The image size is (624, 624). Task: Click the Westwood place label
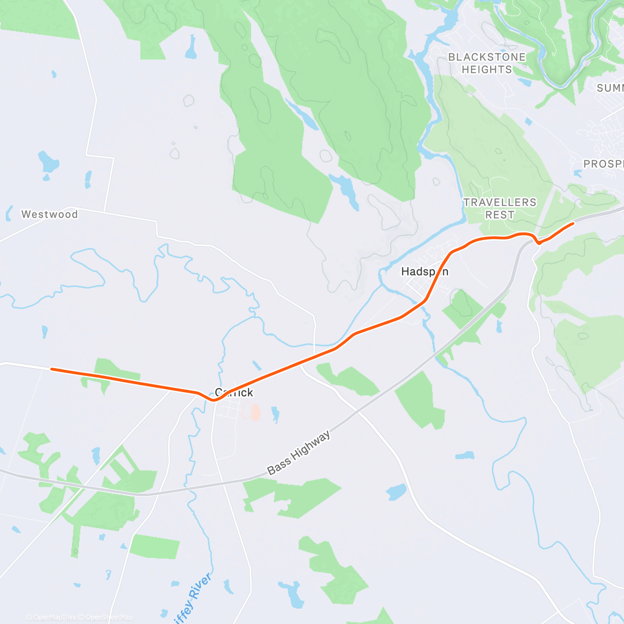49,214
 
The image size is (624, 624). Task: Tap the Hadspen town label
424,271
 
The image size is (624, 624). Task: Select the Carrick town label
234,393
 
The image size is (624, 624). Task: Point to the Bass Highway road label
298,453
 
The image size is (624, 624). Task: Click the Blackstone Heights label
487,63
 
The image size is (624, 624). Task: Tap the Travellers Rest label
500,209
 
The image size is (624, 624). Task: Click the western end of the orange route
51,369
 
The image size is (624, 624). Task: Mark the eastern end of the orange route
573,224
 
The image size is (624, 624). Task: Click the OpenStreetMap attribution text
109,617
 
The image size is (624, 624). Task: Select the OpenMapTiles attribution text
54,617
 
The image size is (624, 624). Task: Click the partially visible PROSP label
603,164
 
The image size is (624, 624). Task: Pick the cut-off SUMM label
610,88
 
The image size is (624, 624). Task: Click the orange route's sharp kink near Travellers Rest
539,242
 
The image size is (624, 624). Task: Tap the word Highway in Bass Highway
310,446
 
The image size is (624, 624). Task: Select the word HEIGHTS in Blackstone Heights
487,70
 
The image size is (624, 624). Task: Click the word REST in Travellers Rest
500,215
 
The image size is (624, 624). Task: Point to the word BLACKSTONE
487,57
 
